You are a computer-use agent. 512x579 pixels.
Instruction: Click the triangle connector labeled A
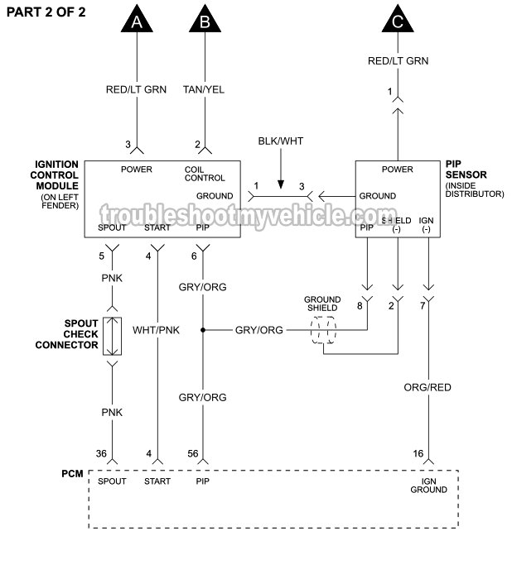pyautogui.click(x=136, y=21)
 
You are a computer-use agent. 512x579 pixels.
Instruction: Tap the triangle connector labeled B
pyautogui.click(x=204, y=21)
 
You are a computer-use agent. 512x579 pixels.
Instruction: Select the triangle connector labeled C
pyautogui.click(x=398, y=21)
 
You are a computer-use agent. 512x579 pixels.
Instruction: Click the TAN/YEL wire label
pyautogui.click(x=204, y=89)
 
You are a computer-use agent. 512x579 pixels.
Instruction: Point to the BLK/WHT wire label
pyautogui.click(x=280, y=141)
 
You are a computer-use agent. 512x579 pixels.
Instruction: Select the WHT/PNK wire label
pyautogui.click(x=156, y=329)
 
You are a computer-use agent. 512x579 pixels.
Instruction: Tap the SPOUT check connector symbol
pyautogui.click(x=112, y=335)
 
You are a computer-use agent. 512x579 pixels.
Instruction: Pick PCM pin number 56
pyautogui.click(x=192, y=452)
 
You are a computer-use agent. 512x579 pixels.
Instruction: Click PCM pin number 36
pyautogui.click(x=100, y=452)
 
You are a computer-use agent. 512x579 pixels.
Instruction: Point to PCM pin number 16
pyautogui.click(x=418, y=452)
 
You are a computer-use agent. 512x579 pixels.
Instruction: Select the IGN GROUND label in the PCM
pyautogui.click(x=428, y=486)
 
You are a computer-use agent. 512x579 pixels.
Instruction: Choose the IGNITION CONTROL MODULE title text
pyautogui.click(x=56, y=176)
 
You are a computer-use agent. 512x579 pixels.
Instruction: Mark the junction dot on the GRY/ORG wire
pyautogui.click(x=203, y=329)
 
